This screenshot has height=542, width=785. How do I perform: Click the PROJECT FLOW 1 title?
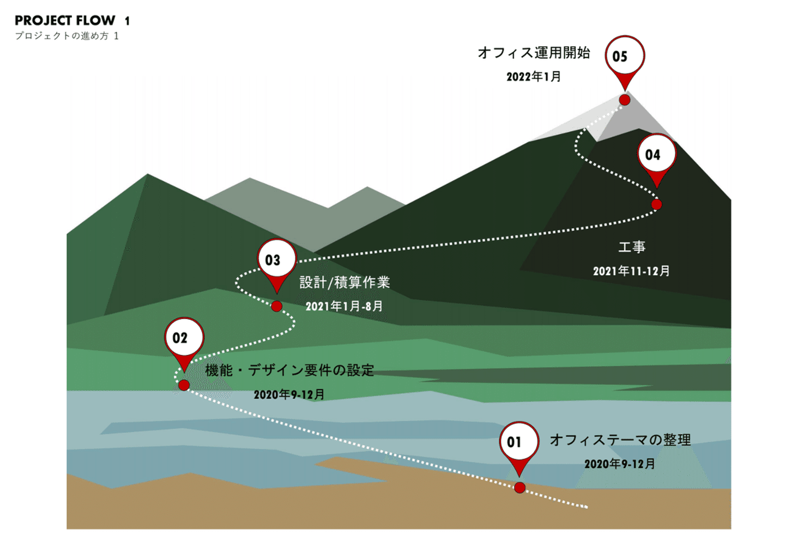coord(72,21)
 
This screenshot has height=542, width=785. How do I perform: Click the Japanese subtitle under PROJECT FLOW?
coord(67,36)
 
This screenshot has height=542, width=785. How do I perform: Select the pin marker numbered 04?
coord(656,155)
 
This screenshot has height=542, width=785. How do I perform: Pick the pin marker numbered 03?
coord(276,260)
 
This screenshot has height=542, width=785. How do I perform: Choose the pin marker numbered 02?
coord(184,338)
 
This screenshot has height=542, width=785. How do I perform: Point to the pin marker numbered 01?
coord(519,442)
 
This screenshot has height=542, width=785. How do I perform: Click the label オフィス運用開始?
coord(534,53)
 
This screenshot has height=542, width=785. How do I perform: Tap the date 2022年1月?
coord(534,77)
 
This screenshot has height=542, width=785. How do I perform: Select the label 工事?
coord(632,247)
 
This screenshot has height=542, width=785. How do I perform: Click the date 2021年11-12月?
coord(631,271)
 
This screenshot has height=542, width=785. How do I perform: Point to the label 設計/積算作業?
coord(345,283)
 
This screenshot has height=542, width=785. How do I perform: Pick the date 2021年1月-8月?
coord(344,307)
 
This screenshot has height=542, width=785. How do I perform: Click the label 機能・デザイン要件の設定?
coord(289,371)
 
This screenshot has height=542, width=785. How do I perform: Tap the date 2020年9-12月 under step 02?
coord(289,394)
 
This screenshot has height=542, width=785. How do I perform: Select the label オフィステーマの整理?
coord(620,440)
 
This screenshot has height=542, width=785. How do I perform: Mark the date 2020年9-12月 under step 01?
coord(620,464)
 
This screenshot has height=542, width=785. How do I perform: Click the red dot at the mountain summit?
coord(625,100)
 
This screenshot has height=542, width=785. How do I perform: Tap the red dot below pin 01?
coord(520,488)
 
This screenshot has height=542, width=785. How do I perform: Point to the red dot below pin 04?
coord(656,204)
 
